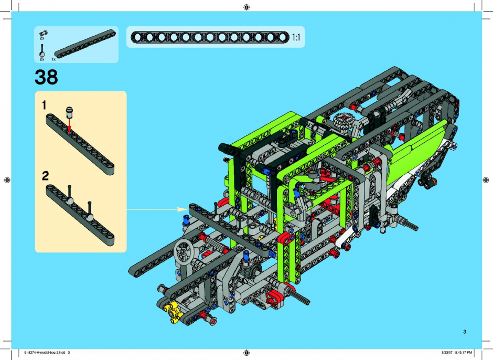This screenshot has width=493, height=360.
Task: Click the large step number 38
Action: (46, 77)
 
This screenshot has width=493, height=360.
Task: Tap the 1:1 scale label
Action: (296, 37)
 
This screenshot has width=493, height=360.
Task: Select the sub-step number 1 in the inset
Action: (45, 105)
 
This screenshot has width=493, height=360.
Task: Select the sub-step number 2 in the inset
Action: (45, 176)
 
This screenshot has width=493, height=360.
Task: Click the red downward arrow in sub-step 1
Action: (69, 124)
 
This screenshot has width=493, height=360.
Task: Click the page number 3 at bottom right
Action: (465, 332)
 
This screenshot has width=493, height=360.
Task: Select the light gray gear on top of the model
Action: (344, 119)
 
